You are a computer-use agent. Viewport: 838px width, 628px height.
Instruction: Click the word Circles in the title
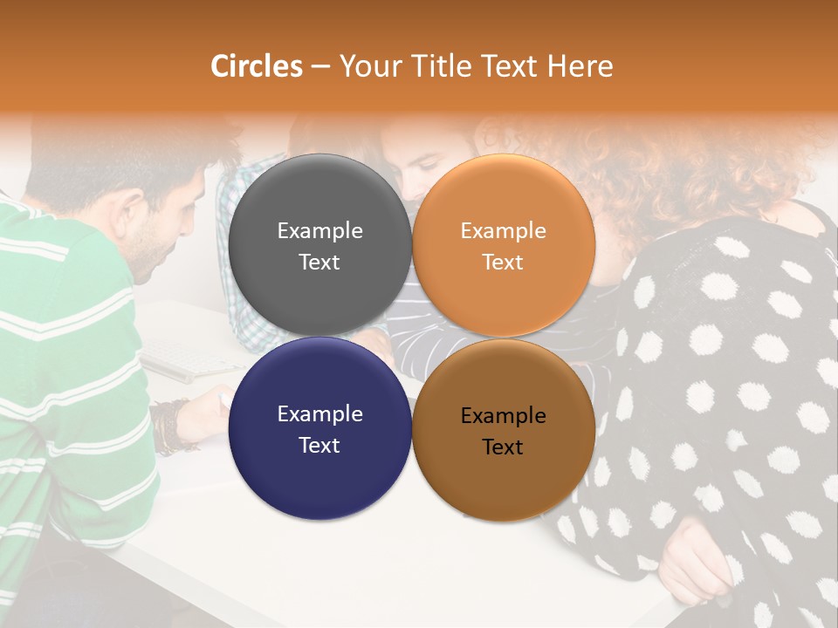pyautogui.click(x=257, y=66)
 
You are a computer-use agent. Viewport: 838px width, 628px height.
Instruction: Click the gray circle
pyautogui.click(x=319, y=245)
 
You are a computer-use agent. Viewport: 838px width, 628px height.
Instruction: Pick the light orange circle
pyautogui.click(x=503, y=245)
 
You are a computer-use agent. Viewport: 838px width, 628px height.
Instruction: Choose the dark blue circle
pyautogui.click(x=319, y=428)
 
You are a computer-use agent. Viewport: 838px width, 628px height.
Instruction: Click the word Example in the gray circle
pyautogui.click(x=319, y=230)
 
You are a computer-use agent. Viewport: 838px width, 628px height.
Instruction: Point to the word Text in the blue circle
pyautogui.click(x=319, y=445)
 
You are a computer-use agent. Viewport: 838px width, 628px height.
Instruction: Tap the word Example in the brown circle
pyautogui.click(x=503, y=416)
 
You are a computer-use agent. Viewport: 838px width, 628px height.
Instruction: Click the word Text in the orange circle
pyautogui.click(x=503, y=262)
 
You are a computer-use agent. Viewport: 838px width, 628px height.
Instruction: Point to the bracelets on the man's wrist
pyautogui.click(x=175, y=426)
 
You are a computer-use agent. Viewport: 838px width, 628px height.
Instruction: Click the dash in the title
pyautogui.click(x=320, y=67)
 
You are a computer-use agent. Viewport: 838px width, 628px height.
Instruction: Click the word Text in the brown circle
pyautogui.click(x=503, y=447)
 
